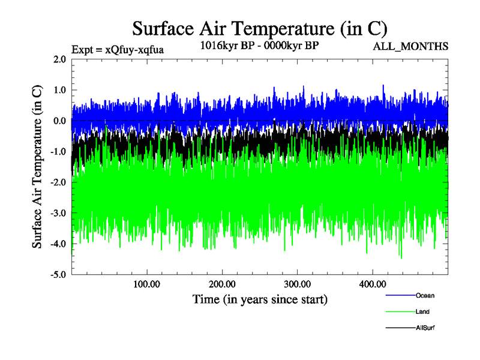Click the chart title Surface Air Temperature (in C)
click(260, 28)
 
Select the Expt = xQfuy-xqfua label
click(118, 49)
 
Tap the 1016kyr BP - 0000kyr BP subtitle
click(260, 44)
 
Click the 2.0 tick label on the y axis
click(59, 59)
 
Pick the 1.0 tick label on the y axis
click(59, 90)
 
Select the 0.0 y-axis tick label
click(59, 121)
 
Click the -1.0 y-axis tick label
click(58, 152)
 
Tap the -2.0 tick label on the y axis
click(58, 182)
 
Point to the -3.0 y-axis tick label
click(58, 213)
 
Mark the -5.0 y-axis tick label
click(58, 275)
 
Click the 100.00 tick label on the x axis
click(146, 283)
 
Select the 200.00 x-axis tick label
click(222, 283)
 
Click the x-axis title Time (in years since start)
click(260, 299)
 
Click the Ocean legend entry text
click(425, 295)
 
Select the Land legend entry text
click(422, 312)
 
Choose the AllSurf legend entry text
click(424, 328)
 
